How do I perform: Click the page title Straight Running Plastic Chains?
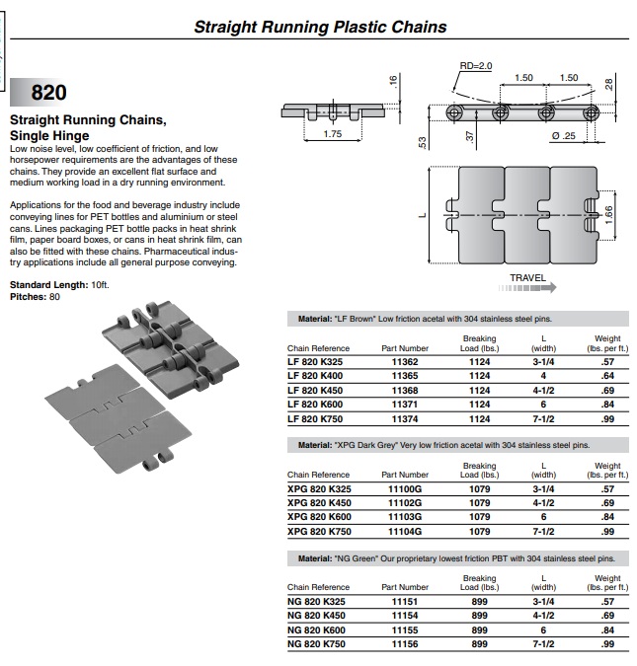click(x=320, y=27)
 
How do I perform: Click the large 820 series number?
click(x=49, y=92)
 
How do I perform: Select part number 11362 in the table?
click(x=405, y=362)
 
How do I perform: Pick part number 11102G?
click(x=405, y=503)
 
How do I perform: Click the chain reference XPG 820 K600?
click(x=319, y=517)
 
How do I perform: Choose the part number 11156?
click(x=405, y=644)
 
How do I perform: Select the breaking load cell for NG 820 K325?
click(x=479, y=602)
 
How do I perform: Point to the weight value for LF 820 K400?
click(x=607, y=376)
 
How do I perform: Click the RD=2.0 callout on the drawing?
click(x=476, y=66)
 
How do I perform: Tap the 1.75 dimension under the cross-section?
click(x=333, y=134)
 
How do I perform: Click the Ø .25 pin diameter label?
click(x=564, y=136)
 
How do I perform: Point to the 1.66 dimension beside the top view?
click(x=609, y=215)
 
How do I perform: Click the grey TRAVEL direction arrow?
click(x=527, y=288)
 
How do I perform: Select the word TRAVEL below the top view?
click(x=527, y=278)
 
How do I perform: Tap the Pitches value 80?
click(x=54, y=297)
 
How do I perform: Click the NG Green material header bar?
click(x=458, y=558)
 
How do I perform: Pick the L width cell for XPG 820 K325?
click(x=543, y=489)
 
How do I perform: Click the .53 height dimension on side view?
click(x=422, y=142)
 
